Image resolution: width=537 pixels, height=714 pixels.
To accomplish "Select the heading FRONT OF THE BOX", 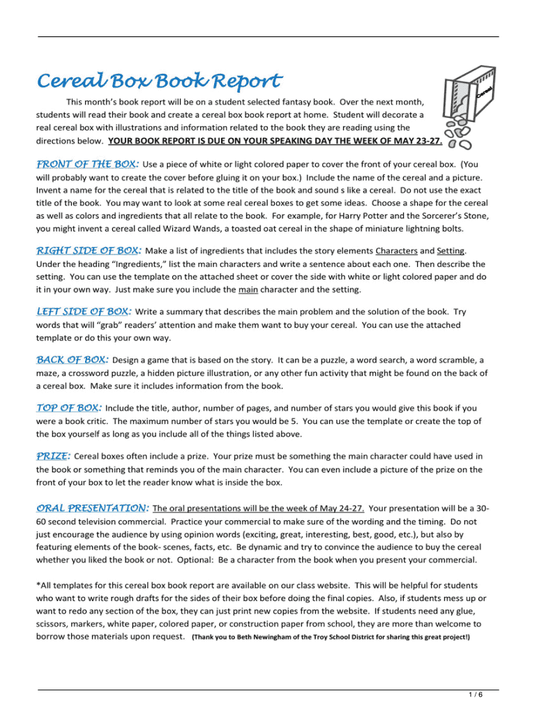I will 86,165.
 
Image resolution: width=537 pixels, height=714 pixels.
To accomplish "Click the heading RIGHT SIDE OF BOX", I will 89,250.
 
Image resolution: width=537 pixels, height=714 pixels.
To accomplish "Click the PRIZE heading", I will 53,456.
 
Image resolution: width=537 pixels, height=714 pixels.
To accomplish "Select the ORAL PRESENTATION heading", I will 92,508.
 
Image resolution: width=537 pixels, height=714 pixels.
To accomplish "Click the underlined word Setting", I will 451,251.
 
